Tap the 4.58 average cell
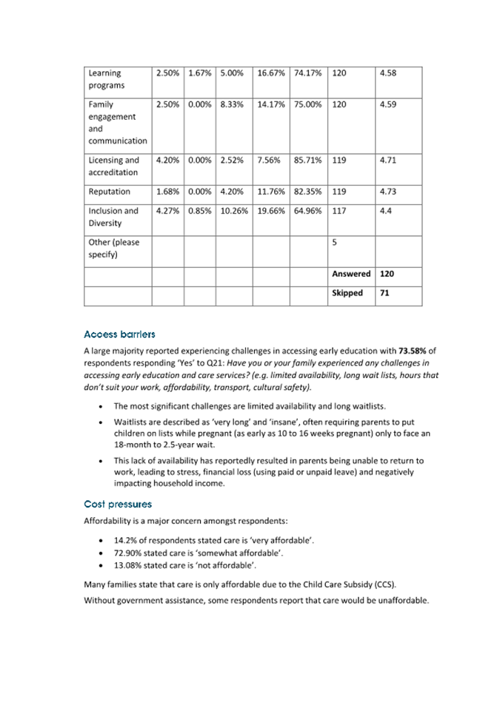(388, 73)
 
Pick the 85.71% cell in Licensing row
(307, 160)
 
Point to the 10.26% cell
(233, 210)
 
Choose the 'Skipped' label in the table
(347, 293)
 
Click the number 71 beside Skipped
(385, 293)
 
